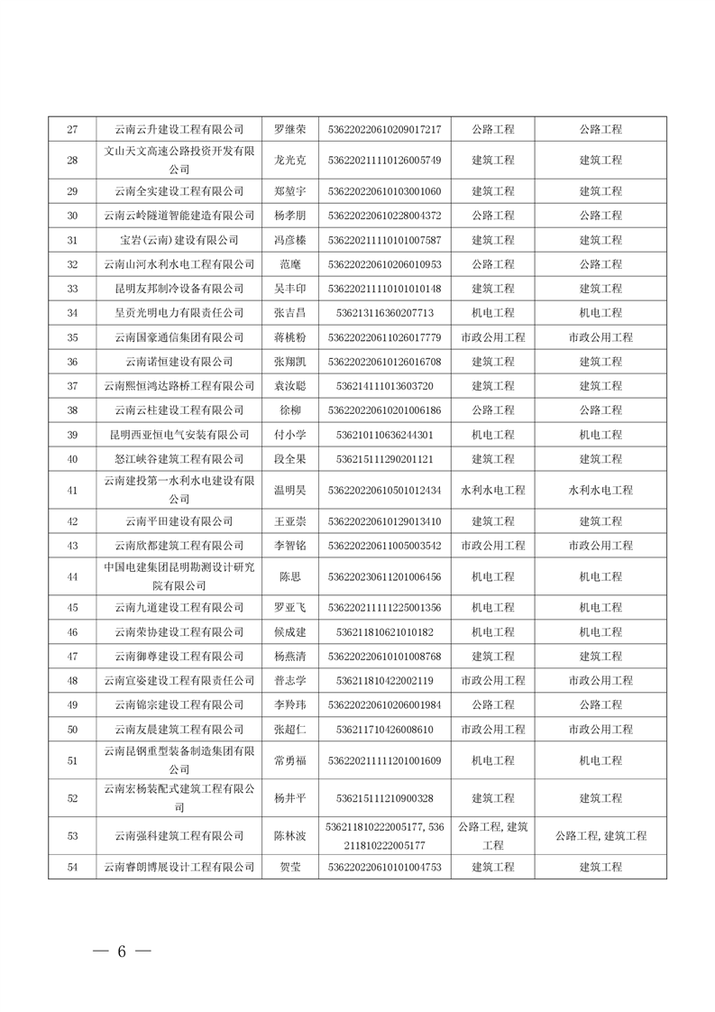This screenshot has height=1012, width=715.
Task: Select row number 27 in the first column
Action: coord(72,129)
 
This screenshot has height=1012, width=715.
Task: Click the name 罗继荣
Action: coord(290,129)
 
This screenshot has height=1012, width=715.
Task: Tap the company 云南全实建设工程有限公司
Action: coord(179,191)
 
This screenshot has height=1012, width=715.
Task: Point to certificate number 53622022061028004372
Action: coord(384,216)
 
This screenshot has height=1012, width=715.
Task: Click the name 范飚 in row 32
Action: coord(290,264)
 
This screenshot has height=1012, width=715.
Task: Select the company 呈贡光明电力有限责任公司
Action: coord(179,313)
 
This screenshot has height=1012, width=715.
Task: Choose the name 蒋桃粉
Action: coord(290,337)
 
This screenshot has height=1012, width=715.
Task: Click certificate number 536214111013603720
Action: coord(384,386)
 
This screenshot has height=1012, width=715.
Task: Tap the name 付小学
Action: coord(290,435)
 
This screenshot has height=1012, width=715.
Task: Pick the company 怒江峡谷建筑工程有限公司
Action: coord(179,459)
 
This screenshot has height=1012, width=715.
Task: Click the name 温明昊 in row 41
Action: coord(290,490)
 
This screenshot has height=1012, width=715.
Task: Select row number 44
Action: coord(72,576)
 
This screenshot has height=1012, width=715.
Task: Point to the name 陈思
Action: coord(290,576)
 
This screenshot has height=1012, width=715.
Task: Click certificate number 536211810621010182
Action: coord(384,632)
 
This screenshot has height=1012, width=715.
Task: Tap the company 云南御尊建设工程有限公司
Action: coord(179,657)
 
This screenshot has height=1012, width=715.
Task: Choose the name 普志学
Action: coord(290,681)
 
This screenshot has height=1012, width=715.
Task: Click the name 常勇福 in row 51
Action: coord(290,760)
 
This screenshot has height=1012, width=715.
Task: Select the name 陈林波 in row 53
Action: coord(290,836)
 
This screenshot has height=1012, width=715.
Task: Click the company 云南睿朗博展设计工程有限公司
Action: coord(179,867)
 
